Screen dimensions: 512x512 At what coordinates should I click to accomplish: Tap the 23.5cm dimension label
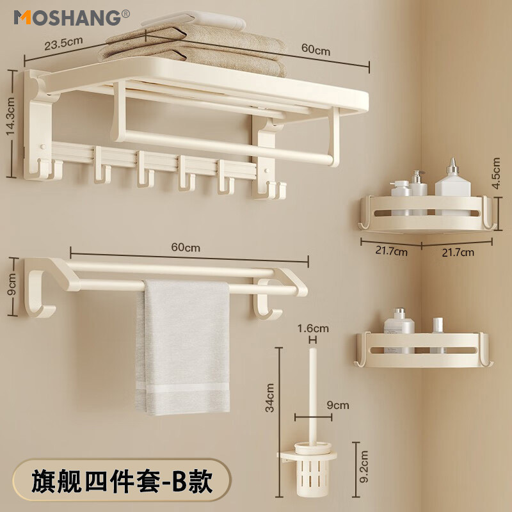pyautogui.click(x=63, y=45)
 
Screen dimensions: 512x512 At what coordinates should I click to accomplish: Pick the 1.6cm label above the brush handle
pyautogui.click(x=313, y=328)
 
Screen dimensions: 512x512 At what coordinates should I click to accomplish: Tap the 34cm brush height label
pyautogui.click(x=271, y=397)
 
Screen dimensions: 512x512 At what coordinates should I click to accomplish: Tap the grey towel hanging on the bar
pyautogui.click(x=184, y=346)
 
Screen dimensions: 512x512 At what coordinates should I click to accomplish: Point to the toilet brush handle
pyautogui.click(x=312, y=390)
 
